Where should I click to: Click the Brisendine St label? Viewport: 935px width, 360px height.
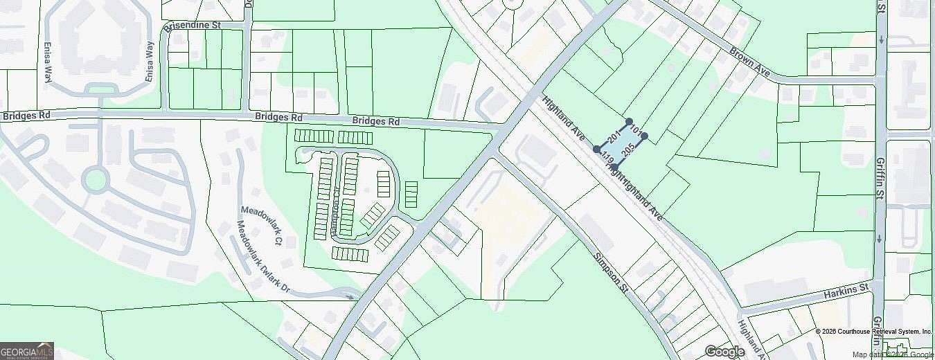click(x=191, y=25)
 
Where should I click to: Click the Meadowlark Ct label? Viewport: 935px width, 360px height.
click(x=260, y=225)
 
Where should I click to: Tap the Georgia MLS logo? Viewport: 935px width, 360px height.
click(x=26, y=350)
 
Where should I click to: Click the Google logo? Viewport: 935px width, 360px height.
click(x=724, y=352)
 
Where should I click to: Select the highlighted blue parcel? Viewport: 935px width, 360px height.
click(x=620, y=144)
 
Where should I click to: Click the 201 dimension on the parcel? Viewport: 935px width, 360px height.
click(x=613, y=134)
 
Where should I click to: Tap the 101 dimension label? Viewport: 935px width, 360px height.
click(x=638, y=129)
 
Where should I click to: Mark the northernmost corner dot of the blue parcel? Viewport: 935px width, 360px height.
click(x=629, y=121)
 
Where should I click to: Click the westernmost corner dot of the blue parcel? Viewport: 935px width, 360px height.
click(x=596, y=149)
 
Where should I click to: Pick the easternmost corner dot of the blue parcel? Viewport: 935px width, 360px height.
click(x=644, y=136)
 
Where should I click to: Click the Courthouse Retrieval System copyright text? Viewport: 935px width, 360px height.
click(x=874, y=332)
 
